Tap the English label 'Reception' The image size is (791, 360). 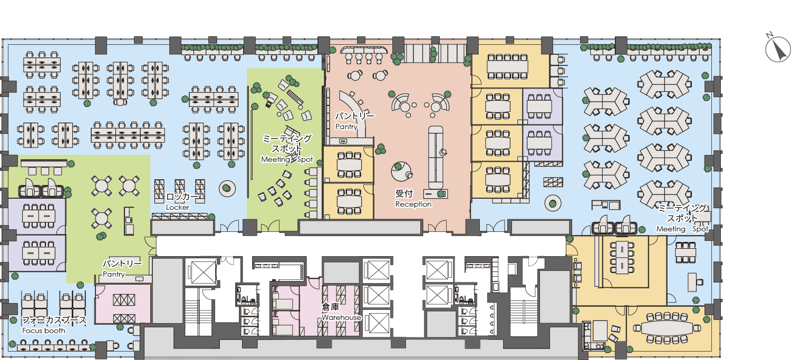(x=413, y=204)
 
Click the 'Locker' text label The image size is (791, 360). (x=178, y=207)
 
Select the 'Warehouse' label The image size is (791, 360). (x=341, y=317)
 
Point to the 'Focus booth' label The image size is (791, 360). (x=44, y=330)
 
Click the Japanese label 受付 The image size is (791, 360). (x=404, y=193)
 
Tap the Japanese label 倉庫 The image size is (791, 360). (x=330, y=307)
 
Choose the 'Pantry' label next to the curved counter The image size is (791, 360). (x=346, y=127)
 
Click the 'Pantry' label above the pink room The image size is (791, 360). (x=114, y=274)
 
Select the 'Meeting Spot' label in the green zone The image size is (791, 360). (x=287, y=159)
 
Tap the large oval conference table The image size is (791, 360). (x=667, y=328)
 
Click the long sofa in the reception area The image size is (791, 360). (x=436, y=158)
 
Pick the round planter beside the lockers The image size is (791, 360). (x=227, y=189)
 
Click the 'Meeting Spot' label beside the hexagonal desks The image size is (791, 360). (x=682, y=229)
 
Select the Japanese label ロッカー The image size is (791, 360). (x=182, y=197)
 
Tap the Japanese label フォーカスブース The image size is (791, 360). (x=54, y=320)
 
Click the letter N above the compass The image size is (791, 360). (x=769, y=35)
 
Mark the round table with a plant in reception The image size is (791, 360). (x=401, y=171)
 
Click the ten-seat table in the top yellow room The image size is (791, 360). (x=507, y=66)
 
